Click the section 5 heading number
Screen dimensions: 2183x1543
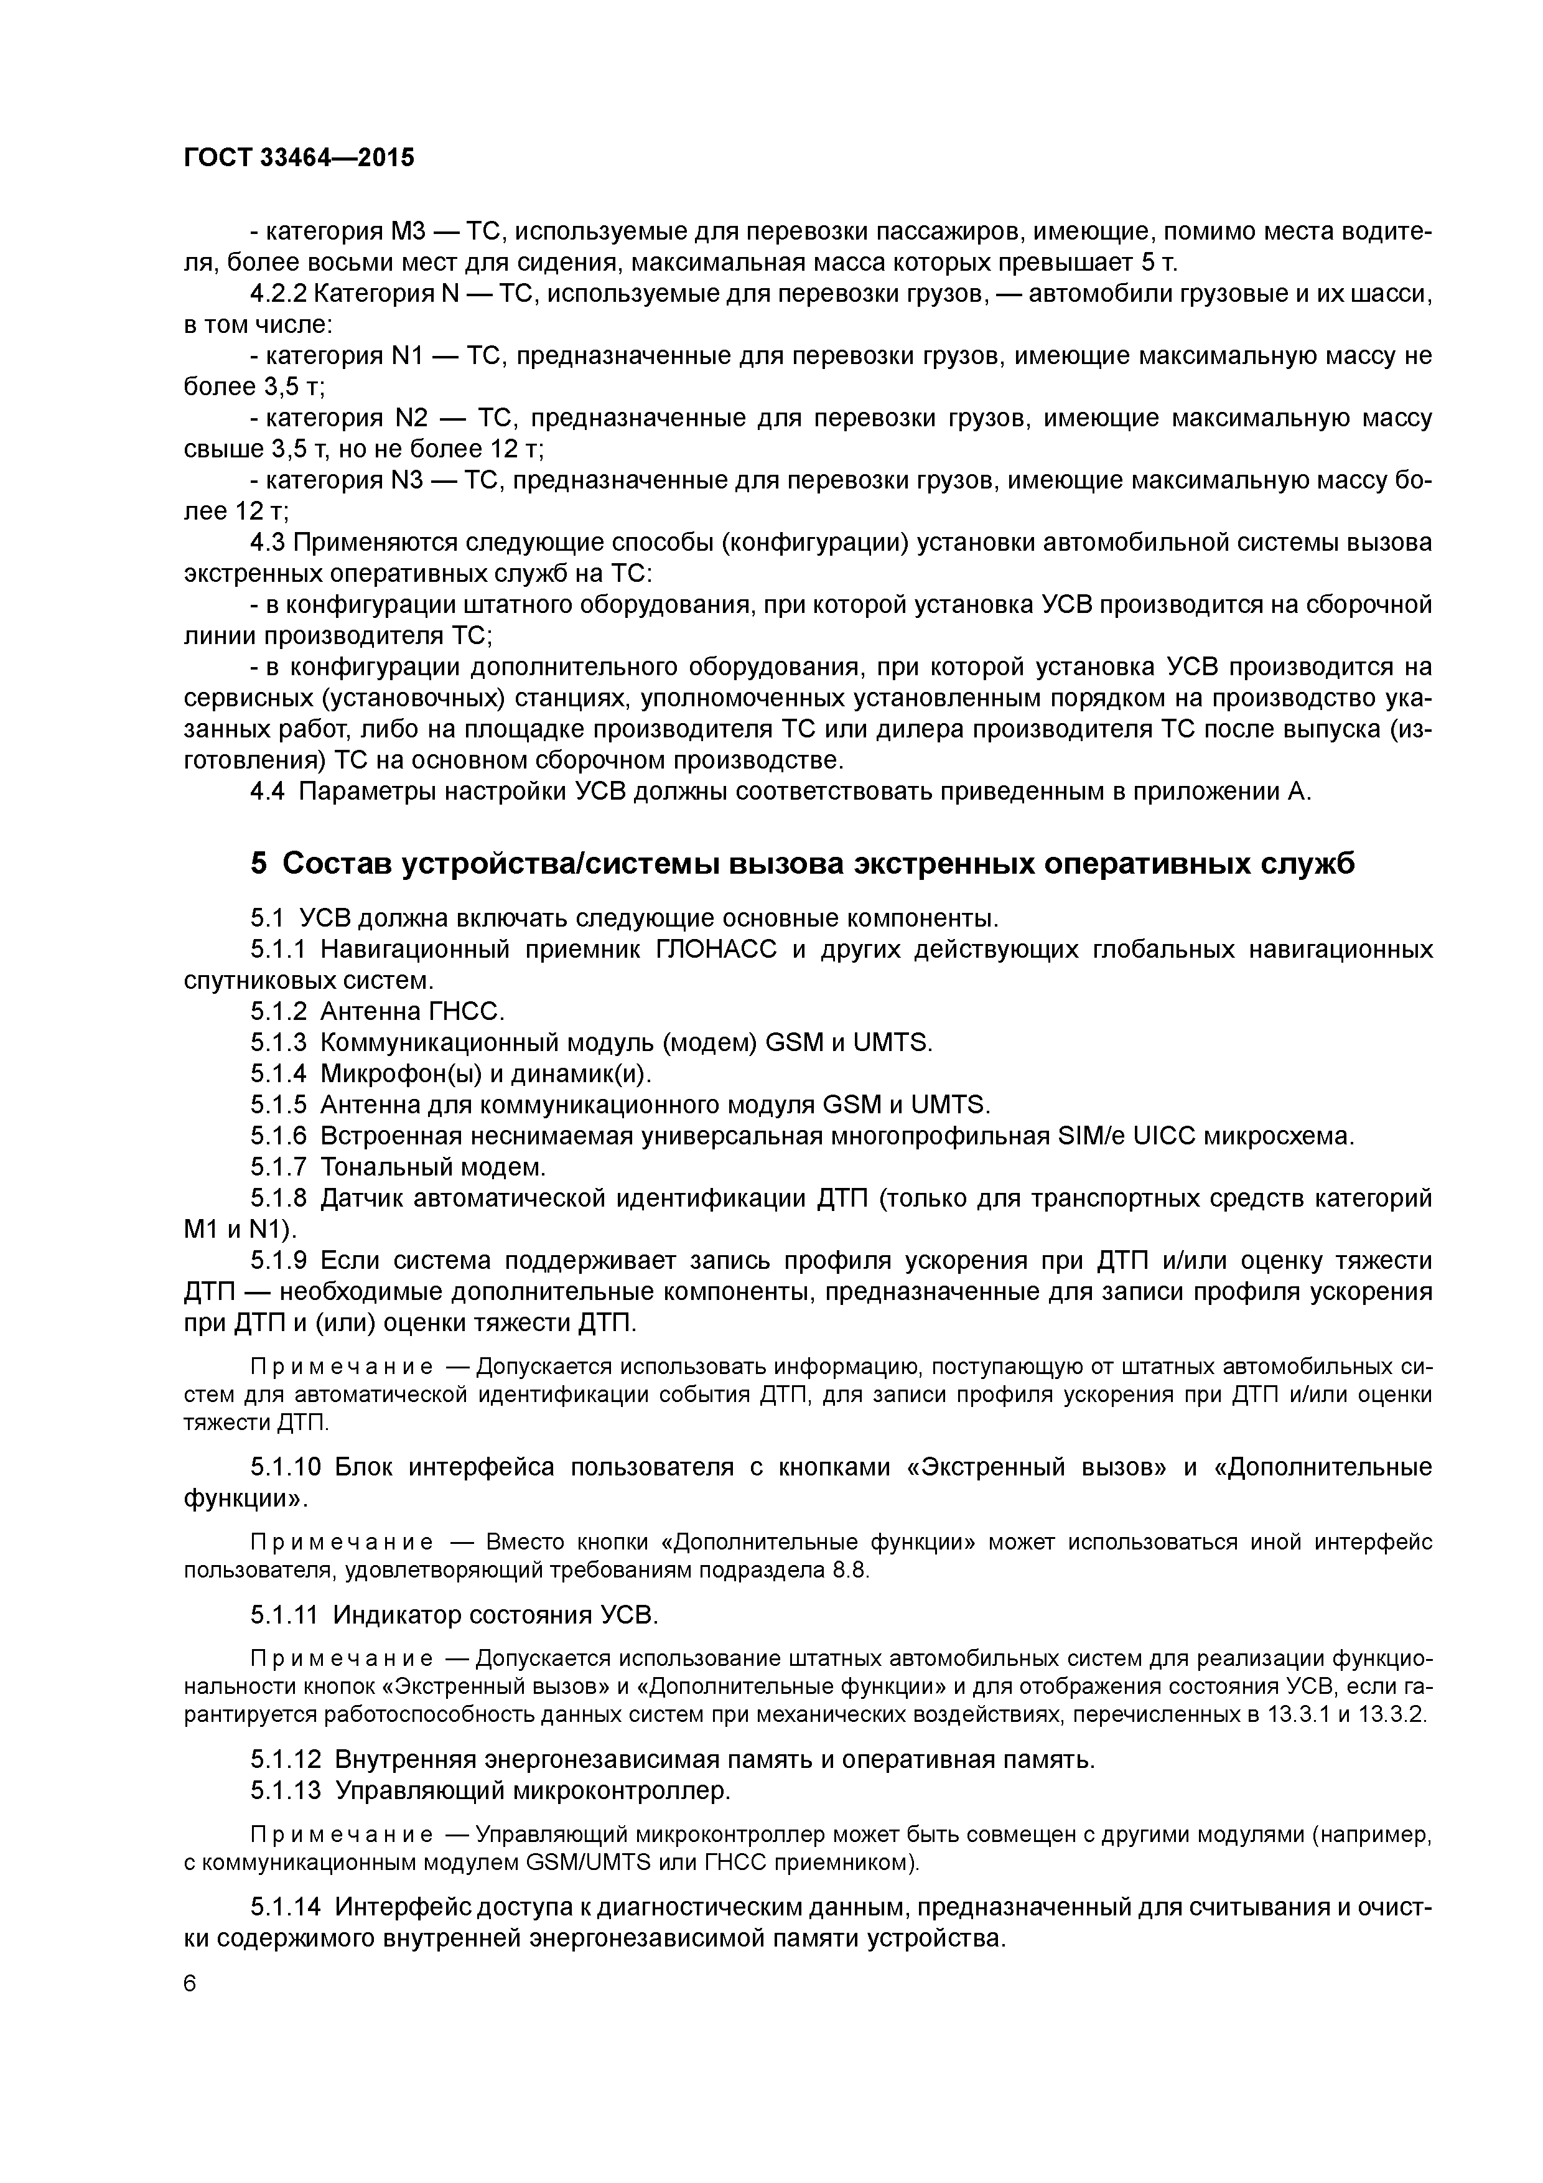pyautogui.click(x=259, y=863)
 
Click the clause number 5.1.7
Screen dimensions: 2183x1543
pyautogui.click(x=279, y=1166)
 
